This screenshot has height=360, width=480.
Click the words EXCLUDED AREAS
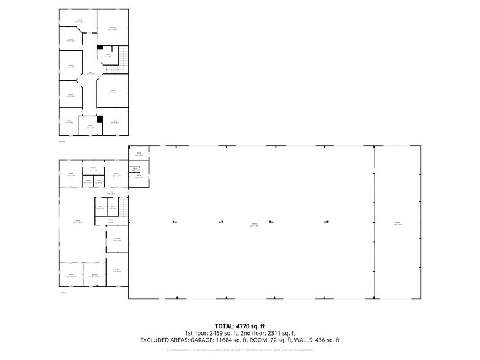[165, 340]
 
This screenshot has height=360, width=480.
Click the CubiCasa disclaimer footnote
[240, 350]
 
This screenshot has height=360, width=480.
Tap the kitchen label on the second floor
[113, 28]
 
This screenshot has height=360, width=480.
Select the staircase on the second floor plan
[123, 58]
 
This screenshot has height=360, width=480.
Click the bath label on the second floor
[108, 54]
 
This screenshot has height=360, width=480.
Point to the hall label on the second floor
[91, 72]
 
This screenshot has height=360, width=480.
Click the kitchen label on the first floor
[117, 239]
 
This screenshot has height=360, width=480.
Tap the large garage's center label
[254, 224]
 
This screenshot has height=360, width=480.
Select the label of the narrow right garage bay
[397, 224]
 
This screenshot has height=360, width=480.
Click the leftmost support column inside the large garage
[174, 221]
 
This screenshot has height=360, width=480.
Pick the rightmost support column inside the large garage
[326, 221]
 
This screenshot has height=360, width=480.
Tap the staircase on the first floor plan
[123, 208]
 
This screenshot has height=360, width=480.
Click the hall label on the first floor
[111, 193]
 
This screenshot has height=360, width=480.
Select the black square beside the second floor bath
[100, 47]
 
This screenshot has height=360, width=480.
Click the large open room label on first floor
[78, 221]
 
